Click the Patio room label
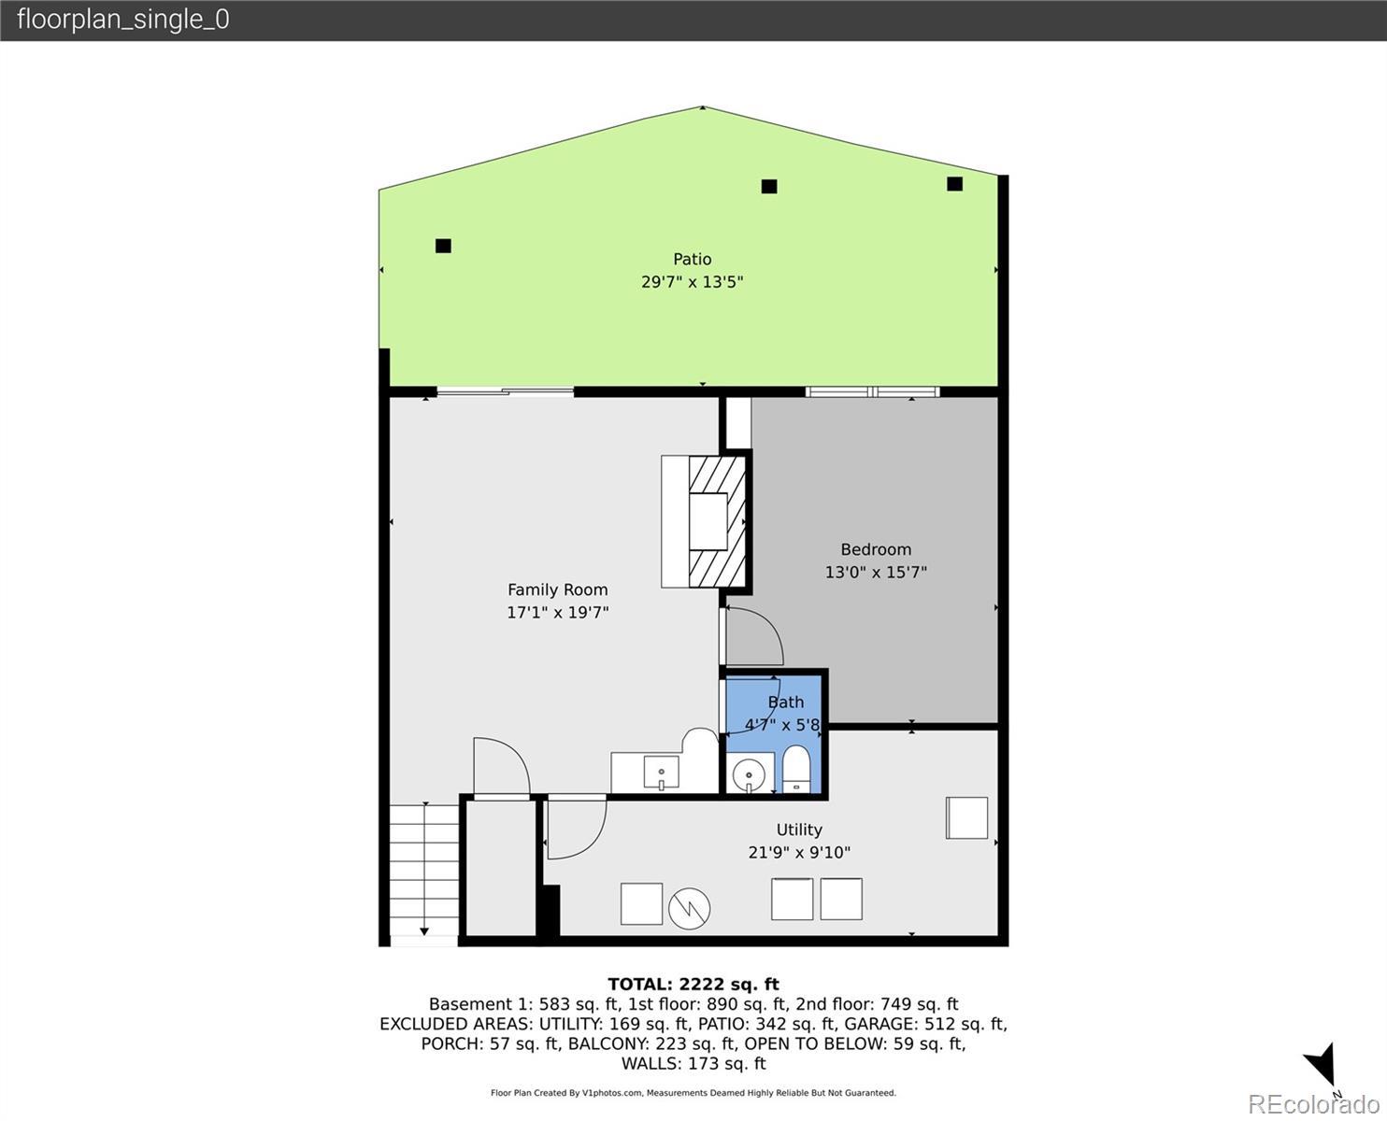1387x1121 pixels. coord(693,259)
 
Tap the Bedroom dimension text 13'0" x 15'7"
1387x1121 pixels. coord(876,573)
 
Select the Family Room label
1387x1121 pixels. coord(557,589)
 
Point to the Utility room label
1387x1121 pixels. coord(799,830)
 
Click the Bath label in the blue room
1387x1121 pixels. coord(786,702)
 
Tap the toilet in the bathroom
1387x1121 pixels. coord(795,770)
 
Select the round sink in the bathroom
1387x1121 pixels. coord(749,774)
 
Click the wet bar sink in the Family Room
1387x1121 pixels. coord(661,773)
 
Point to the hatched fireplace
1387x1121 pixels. coord(717,521)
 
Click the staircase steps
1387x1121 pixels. coord(424,869)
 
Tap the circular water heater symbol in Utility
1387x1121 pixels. coord(689,908)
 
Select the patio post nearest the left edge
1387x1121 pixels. coord(443,246)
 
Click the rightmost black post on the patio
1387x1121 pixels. coord(954,184)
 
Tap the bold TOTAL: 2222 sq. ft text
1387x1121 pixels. coord(693,985)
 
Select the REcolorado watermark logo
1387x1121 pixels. coord(1313,1104)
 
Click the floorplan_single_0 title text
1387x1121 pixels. coord(123,20)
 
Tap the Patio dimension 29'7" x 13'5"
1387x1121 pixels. coord(693,282)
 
